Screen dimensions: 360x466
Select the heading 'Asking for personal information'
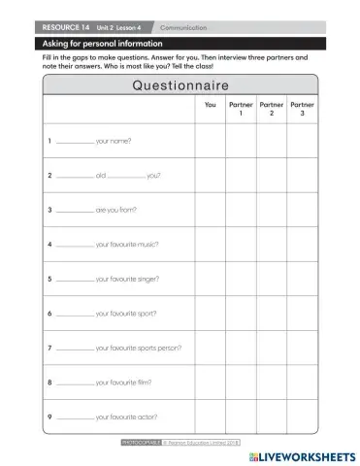94,44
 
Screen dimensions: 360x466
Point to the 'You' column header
211,105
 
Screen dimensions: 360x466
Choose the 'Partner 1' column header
241,109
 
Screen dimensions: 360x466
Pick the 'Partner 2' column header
272,109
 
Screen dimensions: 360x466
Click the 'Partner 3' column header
303,109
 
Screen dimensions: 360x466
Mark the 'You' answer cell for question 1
211,141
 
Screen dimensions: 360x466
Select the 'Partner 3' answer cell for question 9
303,416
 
